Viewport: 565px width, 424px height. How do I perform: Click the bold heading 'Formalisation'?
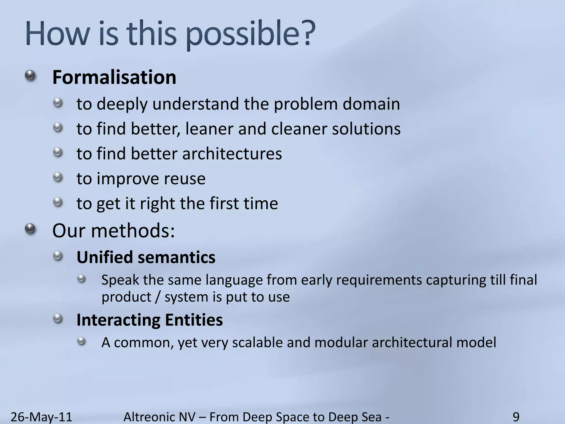[x=114, y=77]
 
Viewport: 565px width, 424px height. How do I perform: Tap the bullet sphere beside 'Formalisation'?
[x=30, y=75]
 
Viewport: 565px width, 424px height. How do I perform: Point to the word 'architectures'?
[x=232, y=154]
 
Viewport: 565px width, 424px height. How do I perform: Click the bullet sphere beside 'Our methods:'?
[x=30, y=229]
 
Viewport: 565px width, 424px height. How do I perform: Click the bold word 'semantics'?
[x=177, y=258]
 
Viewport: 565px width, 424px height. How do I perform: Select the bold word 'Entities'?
[x=194, y=320]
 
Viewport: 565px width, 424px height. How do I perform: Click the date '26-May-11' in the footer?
[x=41, y=417]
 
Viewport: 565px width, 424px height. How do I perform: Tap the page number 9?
[x=516, y=417]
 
